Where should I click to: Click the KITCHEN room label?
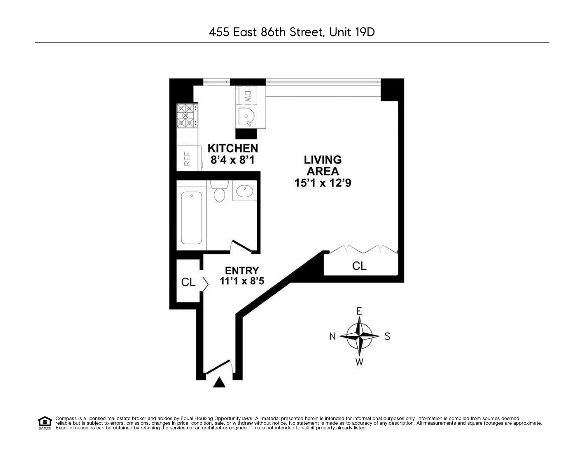pos(233,148)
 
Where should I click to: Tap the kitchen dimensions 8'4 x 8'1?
pos(233,160)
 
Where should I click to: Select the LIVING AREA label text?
pos(323,165)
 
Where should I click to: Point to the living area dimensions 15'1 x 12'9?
pos(323,183)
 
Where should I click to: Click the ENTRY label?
pos(242,270)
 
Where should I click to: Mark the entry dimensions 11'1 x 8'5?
pos(242,281)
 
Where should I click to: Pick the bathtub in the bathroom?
pos(191,217)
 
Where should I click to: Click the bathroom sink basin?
pos(244,191)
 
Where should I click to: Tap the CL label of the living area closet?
pos(359,266)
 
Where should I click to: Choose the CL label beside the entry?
pos(188,282)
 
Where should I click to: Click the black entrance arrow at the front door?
pos(219,382)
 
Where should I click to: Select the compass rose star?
pos(360,336)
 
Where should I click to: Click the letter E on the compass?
pos(359,311)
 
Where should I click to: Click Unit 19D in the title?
pos(352,32)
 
